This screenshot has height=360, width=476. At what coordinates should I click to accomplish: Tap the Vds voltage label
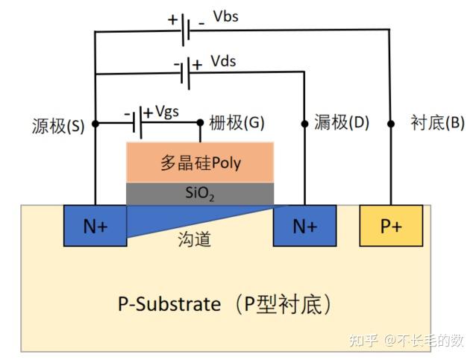222,61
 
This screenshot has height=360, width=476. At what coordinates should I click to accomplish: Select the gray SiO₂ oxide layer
200,194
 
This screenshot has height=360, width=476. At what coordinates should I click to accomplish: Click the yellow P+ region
392,226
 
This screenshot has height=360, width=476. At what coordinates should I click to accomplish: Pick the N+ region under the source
95,226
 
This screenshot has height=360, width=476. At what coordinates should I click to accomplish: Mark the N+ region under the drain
304,226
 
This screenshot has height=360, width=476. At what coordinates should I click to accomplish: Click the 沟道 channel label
195,239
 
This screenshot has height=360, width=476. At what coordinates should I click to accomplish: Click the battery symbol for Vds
190,72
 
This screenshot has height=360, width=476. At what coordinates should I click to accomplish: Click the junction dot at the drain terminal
304,124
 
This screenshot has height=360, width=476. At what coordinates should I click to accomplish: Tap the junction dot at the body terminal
390,124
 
